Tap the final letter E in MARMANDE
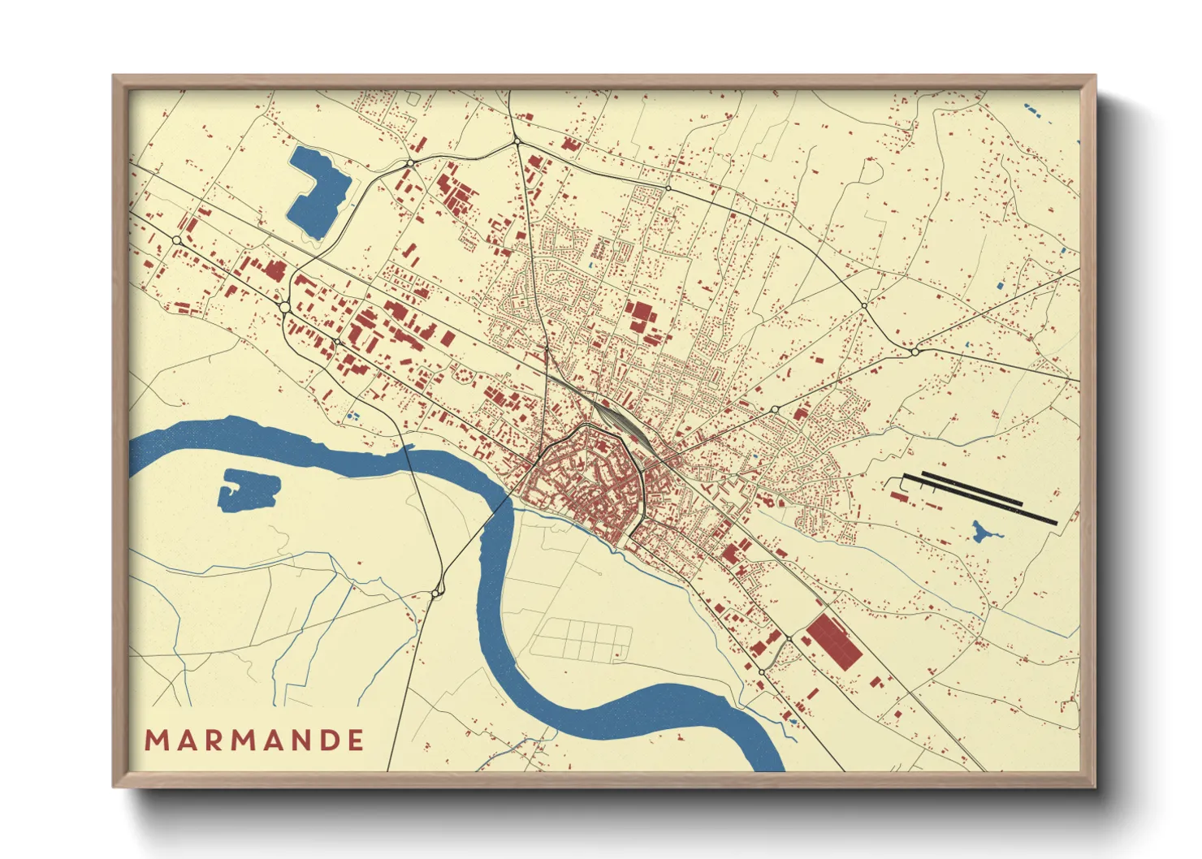pyautogui.click(x=354, y=740)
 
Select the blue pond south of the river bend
pyautogui.click(x=247, y=490)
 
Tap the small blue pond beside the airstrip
pyautogui.click(x=984, y=533)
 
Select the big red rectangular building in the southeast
pyautogui.click(x=833, y=641)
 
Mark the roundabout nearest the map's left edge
pyautogui.click(x=177, y=240)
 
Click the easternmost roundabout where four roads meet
pyautogui.click(x=914, y=352)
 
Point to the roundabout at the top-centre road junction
pyautogui.click(x=517, y=142)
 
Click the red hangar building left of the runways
pyautogui.click(x=897, y=494)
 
